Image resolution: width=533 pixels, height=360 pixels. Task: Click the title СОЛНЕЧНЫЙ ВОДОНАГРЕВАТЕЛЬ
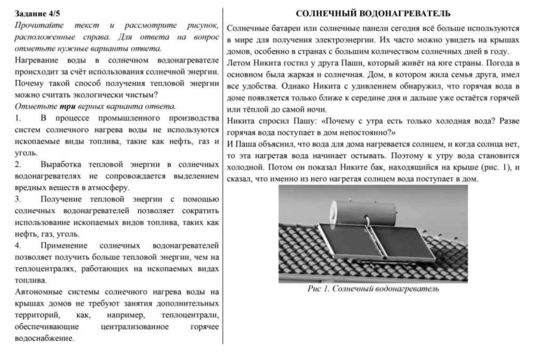(x=373, y=14)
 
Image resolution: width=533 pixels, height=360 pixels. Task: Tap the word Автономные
(x=39, y=292)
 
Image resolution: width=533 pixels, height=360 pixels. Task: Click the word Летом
(x=238, y=63)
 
